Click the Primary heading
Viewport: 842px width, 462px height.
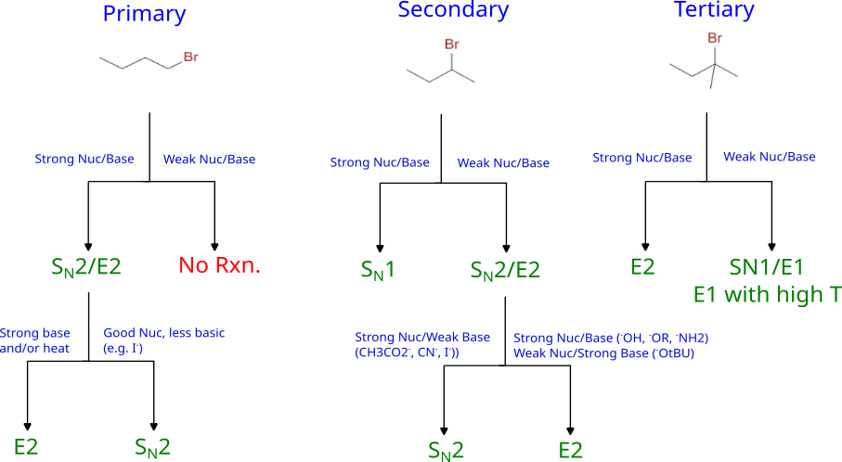pyautogui.click(x=144, y=15)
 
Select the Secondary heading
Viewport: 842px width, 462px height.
pyautogui.click(x=453, y=10)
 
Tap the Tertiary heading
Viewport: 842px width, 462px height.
pyautogui.click(x=714, y=9)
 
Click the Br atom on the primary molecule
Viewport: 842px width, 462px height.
pyautogui.click(x=191, y=57)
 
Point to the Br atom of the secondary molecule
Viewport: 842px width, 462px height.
pyautogui.click(x=451, y=44)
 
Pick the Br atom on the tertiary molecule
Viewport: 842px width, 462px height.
pyautogui.click(x=715, y=37)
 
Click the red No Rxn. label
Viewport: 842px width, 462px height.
pyautogui.click(x=219, y=265)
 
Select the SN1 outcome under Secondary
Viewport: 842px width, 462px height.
pyautogui.click(x=378, y=270)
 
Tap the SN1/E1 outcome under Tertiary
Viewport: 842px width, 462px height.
pyautogui.click(x=766, y=267)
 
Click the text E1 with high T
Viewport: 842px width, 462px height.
pyautogui.click(x=768, y=294)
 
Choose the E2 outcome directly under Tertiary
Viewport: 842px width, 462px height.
pyautogui.click(x=642, y=267)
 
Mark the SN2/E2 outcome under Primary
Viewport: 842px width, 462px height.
pyautogui.click(x=86, y=267)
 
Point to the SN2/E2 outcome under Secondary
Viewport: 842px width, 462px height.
pyautogui.click(x=505, y=271)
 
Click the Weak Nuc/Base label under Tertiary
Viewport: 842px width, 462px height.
pyautogui.click(x=770, y=157)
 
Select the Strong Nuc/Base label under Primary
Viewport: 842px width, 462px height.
pyautogui.click(x=84, y=159)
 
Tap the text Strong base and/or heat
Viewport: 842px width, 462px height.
pyautogui.click(x=35, y=340)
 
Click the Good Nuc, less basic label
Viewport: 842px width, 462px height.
pyautogui.click(x=163, y=340)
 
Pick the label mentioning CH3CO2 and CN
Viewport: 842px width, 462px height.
pyautogui.click(x=422, y=344)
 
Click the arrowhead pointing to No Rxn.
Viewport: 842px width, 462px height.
pyautogui.click(x=214, y=247)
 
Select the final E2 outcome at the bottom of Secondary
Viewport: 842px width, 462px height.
pyautogui.click(x=570, y=450)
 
